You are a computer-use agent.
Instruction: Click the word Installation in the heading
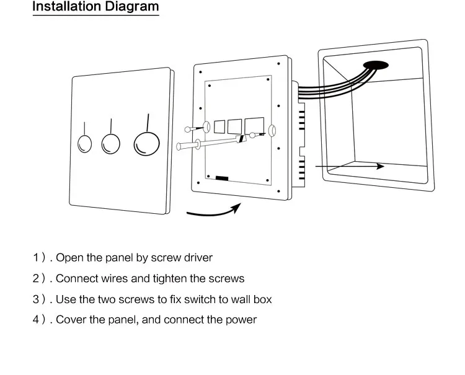[66, 6]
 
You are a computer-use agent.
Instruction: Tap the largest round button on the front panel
[146, 144]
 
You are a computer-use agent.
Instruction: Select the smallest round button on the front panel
[84, 144]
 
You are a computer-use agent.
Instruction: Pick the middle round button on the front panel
[110, 144]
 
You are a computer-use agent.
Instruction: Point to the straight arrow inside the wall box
[350, 166]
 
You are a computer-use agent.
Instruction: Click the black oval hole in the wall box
[376, 65]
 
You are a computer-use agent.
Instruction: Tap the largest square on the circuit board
[254, 126]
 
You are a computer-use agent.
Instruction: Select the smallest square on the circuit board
[219, 126]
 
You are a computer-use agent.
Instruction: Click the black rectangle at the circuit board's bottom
[222, 178]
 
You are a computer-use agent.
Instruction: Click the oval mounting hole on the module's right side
[272, 131]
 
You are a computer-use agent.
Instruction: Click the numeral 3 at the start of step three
[36, 299]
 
